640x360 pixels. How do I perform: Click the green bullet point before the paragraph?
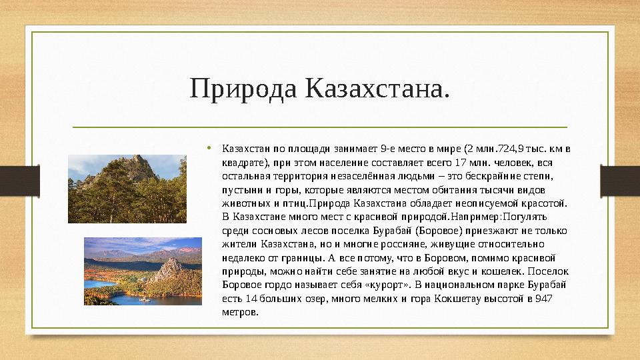209,147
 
